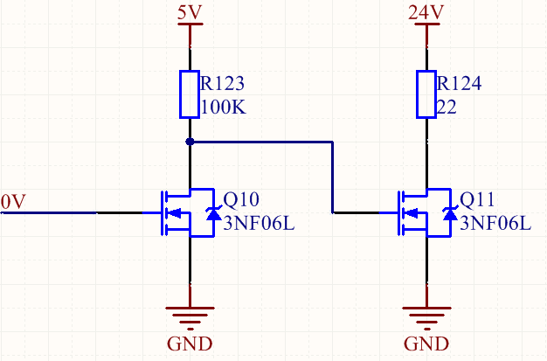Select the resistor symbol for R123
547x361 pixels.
click(190, 94)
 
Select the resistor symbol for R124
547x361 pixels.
click(426, 94)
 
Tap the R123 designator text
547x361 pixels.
click(222, 85)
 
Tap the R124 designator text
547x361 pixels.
click(460, 85)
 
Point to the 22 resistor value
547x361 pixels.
click(448, 108)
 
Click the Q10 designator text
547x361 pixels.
click(241, 199)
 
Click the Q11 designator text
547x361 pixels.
click(477, 199)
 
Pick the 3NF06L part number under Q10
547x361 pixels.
click(259, 222)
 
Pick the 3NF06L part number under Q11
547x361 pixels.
click(495, 222)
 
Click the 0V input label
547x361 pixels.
click(15, 202)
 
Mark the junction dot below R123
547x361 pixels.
click(190, 141)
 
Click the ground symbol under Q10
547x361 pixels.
click(190, 314)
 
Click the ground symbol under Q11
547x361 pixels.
click(426, 314)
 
